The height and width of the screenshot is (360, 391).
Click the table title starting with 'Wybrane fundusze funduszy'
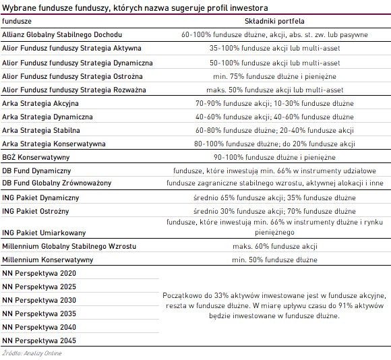pyautogui.click(x=135, y=8)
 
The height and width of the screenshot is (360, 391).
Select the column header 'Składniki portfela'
pyautogui.click(x=274, y=21)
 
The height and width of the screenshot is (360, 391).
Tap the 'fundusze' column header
pyautogui.click(x=17, y=21)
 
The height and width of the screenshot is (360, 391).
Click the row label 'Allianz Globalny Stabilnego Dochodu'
pyautogui.click(x=62, y=34)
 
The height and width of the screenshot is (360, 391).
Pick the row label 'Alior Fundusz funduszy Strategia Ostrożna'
pyautogui.click(x=72, y=77)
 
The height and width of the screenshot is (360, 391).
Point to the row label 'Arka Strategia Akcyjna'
pyautogui.click(x=40, y=103)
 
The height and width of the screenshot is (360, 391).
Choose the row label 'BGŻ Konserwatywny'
pyautogui.click(x=36, y=157)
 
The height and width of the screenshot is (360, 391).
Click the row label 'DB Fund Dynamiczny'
pyautogui.click(x=36, y=171)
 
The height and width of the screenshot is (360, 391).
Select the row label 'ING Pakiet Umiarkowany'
pyautogui.click(x=44, y=233)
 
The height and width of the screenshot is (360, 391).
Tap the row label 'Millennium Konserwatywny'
pyautogui.click(x=48, y=260)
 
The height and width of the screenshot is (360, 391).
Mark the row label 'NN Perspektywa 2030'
pyautogui.click(x=39, y=300)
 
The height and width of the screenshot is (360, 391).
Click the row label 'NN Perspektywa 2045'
pyautogui.click(x=39, y=340)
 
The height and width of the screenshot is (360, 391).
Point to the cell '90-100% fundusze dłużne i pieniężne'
pyautogui.click(x=274, y=157)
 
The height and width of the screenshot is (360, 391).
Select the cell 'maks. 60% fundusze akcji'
pyautogui.click(x=275, y=246)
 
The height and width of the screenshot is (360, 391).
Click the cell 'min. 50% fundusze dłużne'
pyautogui.click(x=274, y=260)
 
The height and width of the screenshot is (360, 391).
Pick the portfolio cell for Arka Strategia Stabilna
pyautogui.click(x=274, y=130)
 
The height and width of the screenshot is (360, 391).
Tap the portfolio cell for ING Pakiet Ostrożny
pyautogui.click(x=274, y=211)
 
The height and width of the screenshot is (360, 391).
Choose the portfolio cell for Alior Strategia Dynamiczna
pyautogui.click(x=275, y=63)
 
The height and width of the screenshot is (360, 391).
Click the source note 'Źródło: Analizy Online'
pyautogui.click(x=32, y=353)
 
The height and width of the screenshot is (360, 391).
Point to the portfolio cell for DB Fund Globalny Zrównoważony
pyautogui.click(x=275, y=183)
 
